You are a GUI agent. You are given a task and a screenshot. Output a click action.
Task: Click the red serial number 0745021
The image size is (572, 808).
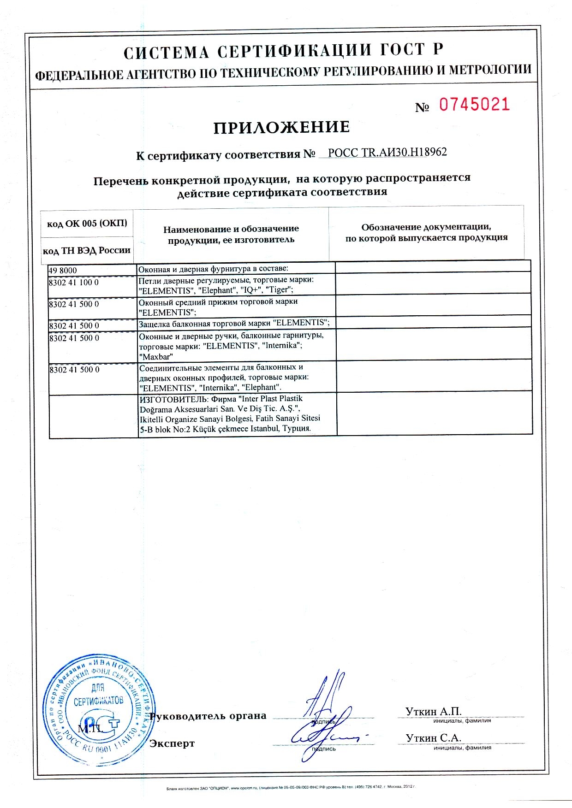click(x=474, y=105)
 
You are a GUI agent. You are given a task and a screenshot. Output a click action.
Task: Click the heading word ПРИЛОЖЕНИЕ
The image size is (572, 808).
click(x=281, y=127)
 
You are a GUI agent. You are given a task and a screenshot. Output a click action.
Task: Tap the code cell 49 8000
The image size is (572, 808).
click(x=63, y=270)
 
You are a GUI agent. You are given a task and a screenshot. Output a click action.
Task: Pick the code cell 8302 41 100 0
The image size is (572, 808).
click(x=73, y=282)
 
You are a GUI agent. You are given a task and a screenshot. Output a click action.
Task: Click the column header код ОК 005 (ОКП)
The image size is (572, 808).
click(x=87, y=224)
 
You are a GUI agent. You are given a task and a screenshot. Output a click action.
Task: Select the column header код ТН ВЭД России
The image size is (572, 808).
click(x=87, y=250)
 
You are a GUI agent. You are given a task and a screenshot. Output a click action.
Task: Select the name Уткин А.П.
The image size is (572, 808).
click(x=433, y=711)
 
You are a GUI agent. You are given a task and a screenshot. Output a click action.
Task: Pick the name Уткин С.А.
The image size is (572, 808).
click(x=433, y=737)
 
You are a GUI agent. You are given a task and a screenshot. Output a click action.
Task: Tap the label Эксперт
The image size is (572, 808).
click(x=172, y=743)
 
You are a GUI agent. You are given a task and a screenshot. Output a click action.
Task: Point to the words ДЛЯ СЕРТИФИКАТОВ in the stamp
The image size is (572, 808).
click(x=98, y=696)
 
